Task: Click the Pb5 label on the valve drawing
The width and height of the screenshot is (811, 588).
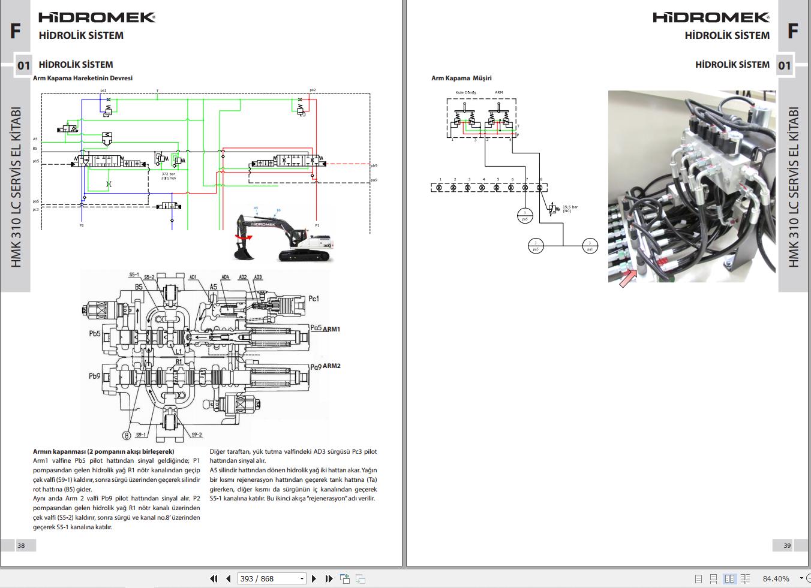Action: point(95,333)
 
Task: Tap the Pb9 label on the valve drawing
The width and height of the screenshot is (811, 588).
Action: point(95,376)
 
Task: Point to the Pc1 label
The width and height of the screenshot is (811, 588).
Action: point(314,298)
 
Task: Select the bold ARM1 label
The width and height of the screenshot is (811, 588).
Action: point(331,329)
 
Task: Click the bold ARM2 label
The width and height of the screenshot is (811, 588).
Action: point(331,366)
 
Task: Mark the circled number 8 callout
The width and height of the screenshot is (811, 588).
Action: point(127,435)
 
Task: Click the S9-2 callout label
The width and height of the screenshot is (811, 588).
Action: point(196,435)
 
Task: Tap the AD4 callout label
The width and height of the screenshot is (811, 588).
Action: point(225,277)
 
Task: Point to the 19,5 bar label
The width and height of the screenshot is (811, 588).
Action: point(570,207)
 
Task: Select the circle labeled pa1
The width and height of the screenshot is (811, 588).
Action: point(590,245)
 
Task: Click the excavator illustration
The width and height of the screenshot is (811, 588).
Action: point(282,237)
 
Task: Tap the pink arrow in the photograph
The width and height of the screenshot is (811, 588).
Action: point(627,278)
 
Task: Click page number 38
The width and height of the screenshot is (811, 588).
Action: point(21,545)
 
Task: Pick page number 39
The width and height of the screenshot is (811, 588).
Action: point(787,545)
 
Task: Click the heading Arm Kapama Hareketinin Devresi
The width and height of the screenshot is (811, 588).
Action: point(83,78)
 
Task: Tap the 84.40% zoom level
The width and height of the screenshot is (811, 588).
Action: point(776,578)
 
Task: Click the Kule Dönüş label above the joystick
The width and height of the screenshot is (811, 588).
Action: point(465,92)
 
